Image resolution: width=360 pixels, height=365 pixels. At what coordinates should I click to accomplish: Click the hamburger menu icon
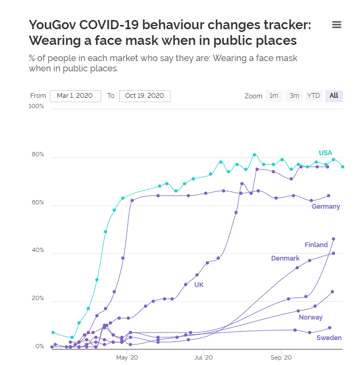pyautogui.click(x=336, y=24)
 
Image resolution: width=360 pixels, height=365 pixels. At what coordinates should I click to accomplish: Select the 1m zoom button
pyautogui.click(x=274, y=96)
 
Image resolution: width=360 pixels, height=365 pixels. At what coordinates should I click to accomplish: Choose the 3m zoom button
pyautogui.click(x=294, y=96)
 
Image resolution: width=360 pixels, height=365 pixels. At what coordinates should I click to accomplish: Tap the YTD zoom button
pyautogui.click(x=313, y=96)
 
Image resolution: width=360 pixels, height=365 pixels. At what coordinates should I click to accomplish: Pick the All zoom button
pyautogui.click(x=333, y=96)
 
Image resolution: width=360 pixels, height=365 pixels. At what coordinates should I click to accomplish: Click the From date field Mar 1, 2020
pyautogui.click(x=75, y=96)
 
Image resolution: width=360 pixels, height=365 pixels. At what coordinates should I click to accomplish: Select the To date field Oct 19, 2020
pyautogui.click(x=145, y=96)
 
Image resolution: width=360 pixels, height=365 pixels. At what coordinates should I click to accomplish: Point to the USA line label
pyautogui.click(x=325, y=153)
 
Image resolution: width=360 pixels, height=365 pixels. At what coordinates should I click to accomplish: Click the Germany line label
pyautogui.click(x=326, y=207)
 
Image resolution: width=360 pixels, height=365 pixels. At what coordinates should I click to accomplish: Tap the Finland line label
pyautogui.click(x=316, y=245)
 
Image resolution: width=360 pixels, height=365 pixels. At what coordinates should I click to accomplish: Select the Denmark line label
pyautogui.click(x=285, y=258)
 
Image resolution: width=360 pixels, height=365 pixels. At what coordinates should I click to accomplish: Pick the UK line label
pyautogui.click(x=199, y=284)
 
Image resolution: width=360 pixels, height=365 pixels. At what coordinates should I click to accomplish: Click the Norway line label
pyautogui.click(x=311, y=317)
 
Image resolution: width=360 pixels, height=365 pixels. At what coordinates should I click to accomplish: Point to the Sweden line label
pyautogui.click(x=329, y=338)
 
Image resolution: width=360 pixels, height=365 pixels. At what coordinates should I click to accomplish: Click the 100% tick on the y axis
pyautogui.click(x=36, y=107)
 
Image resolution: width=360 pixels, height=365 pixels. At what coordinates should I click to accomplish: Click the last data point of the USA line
pyautogui.click(x=343, y=167)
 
